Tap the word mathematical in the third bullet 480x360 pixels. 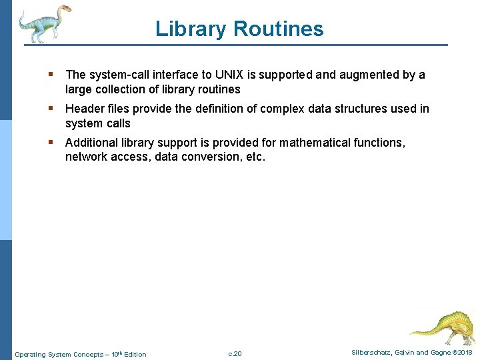click(x=312, y=143)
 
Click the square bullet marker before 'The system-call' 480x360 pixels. click(x=51, y=75)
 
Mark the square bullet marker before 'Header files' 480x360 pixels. click(x=51, y=109)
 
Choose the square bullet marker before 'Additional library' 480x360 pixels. click(x=51, y=143)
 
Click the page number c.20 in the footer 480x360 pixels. click(x=235, y=354)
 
